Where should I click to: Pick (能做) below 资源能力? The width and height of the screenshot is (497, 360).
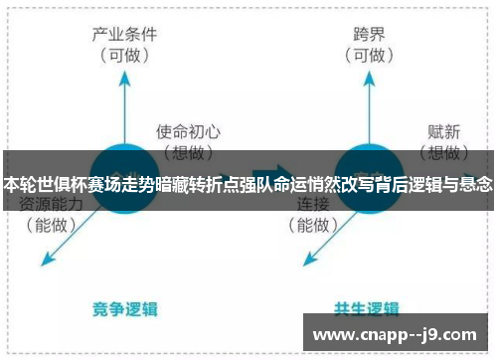pyautogui.click(x=51, y=226)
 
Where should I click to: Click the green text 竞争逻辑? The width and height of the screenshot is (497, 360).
pyautogui.click(x=126, y=308)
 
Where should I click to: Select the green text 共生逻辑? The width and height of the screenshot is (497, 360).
pyautogui.click(x=368, y=308)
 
